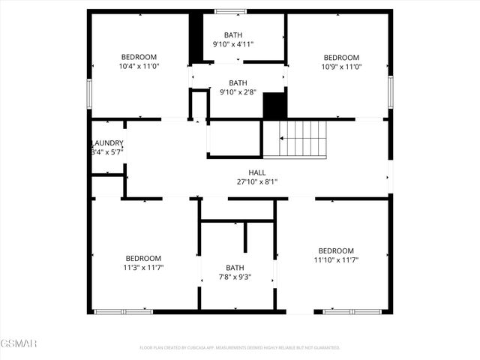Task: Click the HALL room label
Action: (x=257, y=172)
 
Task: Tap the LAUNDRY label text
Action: (x=107, y=143)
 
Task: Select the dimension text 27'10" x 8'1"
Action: (x=257, y=181)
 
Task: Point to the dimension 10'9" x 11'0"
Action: (x=341, y=67)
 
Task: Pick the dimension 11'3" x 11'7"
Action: (x=143, y=267)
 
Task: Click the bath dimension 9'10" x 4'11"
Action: (x=233, y=44)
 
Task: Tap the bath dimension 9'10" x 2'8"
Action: (x=238, y=92)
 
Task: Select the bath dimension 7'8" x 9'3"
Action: (x=235, y=277)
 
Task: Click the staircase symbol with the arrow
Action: (x=304, y=138)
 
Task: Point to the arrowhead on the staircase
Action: (x=283, y=138)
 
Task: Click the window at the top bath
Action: (x=231, y=11)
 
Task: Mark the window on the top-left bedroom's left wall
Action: (x=88, y=93)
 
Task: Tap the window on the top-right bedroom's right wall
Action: (x=390, y=91)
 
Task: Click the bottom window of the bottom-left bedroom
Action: (x=123, y=310)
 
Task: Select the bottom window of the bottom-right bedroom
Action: (x=352, y=310)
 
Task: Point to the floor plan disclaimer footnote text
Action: (x=240, y=348)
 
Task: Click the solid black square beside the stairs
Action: (x=275, y=106)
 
